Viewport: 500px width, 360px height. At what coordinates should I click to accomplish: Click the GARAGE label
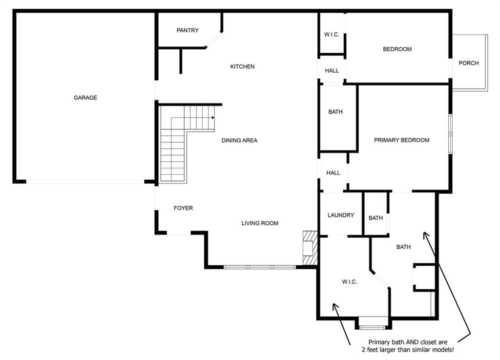point(85,98)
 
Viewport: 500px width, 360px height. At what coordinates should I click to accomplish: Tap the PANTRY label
point(187,30)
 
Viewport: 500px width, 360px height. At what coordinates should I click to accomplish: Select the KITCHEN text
point(242,66)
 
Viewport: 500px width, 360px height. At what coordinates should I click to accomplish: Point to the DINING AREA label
point(239,140)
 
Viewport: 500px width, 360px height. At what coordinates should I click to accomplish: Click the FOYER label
point(183,208)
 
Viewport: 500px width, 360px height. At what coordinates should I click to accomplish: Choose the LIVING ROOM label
point(260,223)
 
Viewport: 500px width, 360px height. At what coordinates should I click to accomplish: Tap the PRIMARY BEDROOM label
point(401,140)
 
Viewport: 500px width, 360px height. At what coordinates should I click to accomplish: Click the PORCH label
point(468,63)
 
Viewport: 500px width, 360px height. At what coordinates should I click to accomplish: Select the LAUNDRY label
point(340,215)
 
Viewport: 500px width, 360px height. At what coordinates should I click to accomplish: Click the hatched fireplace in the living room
point(310,248)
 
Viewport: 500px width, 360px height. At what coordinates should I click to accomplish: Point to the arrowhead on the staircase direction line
point(213,118)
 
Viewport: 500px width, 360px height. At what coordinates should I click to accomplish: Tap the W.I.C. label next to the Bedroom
point(332,35)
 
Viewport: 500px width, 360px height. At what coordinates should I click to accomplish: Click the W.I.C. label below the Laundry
point(349,282)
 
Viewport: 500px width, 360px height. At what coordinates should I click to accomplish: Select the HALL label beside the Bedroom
point(332,70)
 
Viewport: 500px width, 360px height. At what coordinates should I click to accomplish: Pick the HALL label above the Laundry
point(333,173)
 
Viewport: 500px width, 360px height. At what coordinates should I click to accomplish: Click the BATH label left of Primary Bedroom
point(335,112)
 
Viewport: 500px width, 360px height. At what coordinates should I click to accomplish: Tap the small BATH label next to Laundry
point(375,218)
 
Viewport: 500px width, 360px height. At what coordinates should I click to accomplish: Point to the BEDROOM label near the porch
point(397,49)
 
